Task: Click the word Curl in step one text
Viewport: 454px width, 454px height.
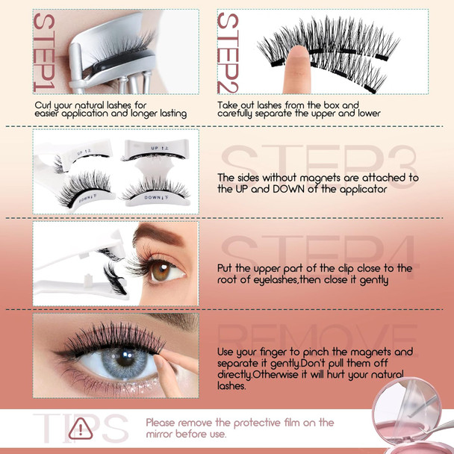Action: [44, 105]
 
